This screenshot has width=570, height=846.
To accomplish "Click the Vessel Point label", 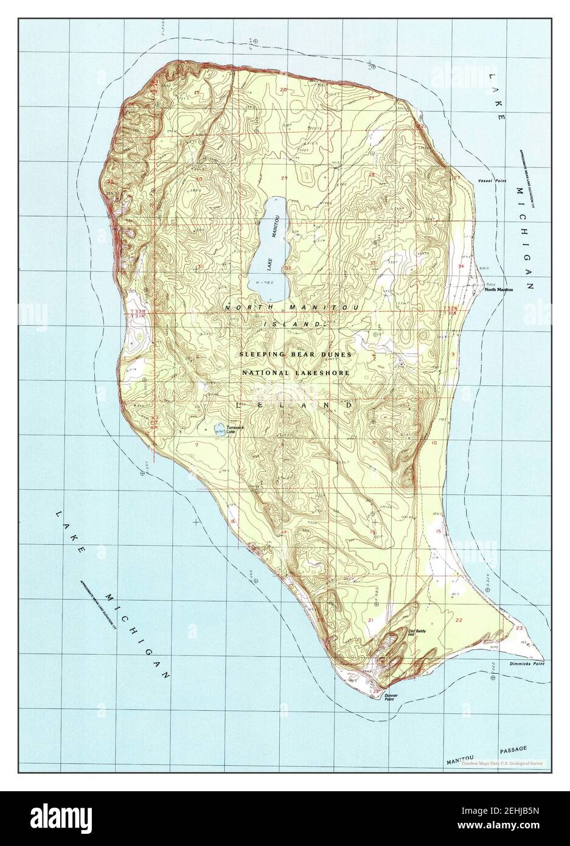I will click(492, 181).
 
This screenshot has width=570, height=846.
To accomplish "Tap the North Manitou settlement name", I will click(498, 290).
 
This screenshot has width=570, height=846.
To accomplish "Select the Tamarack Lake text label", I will click(235, 429).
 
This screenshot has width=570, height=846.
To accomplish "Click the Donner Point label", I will click(393, 699).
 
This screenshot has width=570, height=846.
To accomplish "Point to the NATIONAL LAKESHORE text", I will click(296, 372).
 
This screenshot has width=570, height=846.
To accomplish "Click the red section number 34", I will click(461, 267).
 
